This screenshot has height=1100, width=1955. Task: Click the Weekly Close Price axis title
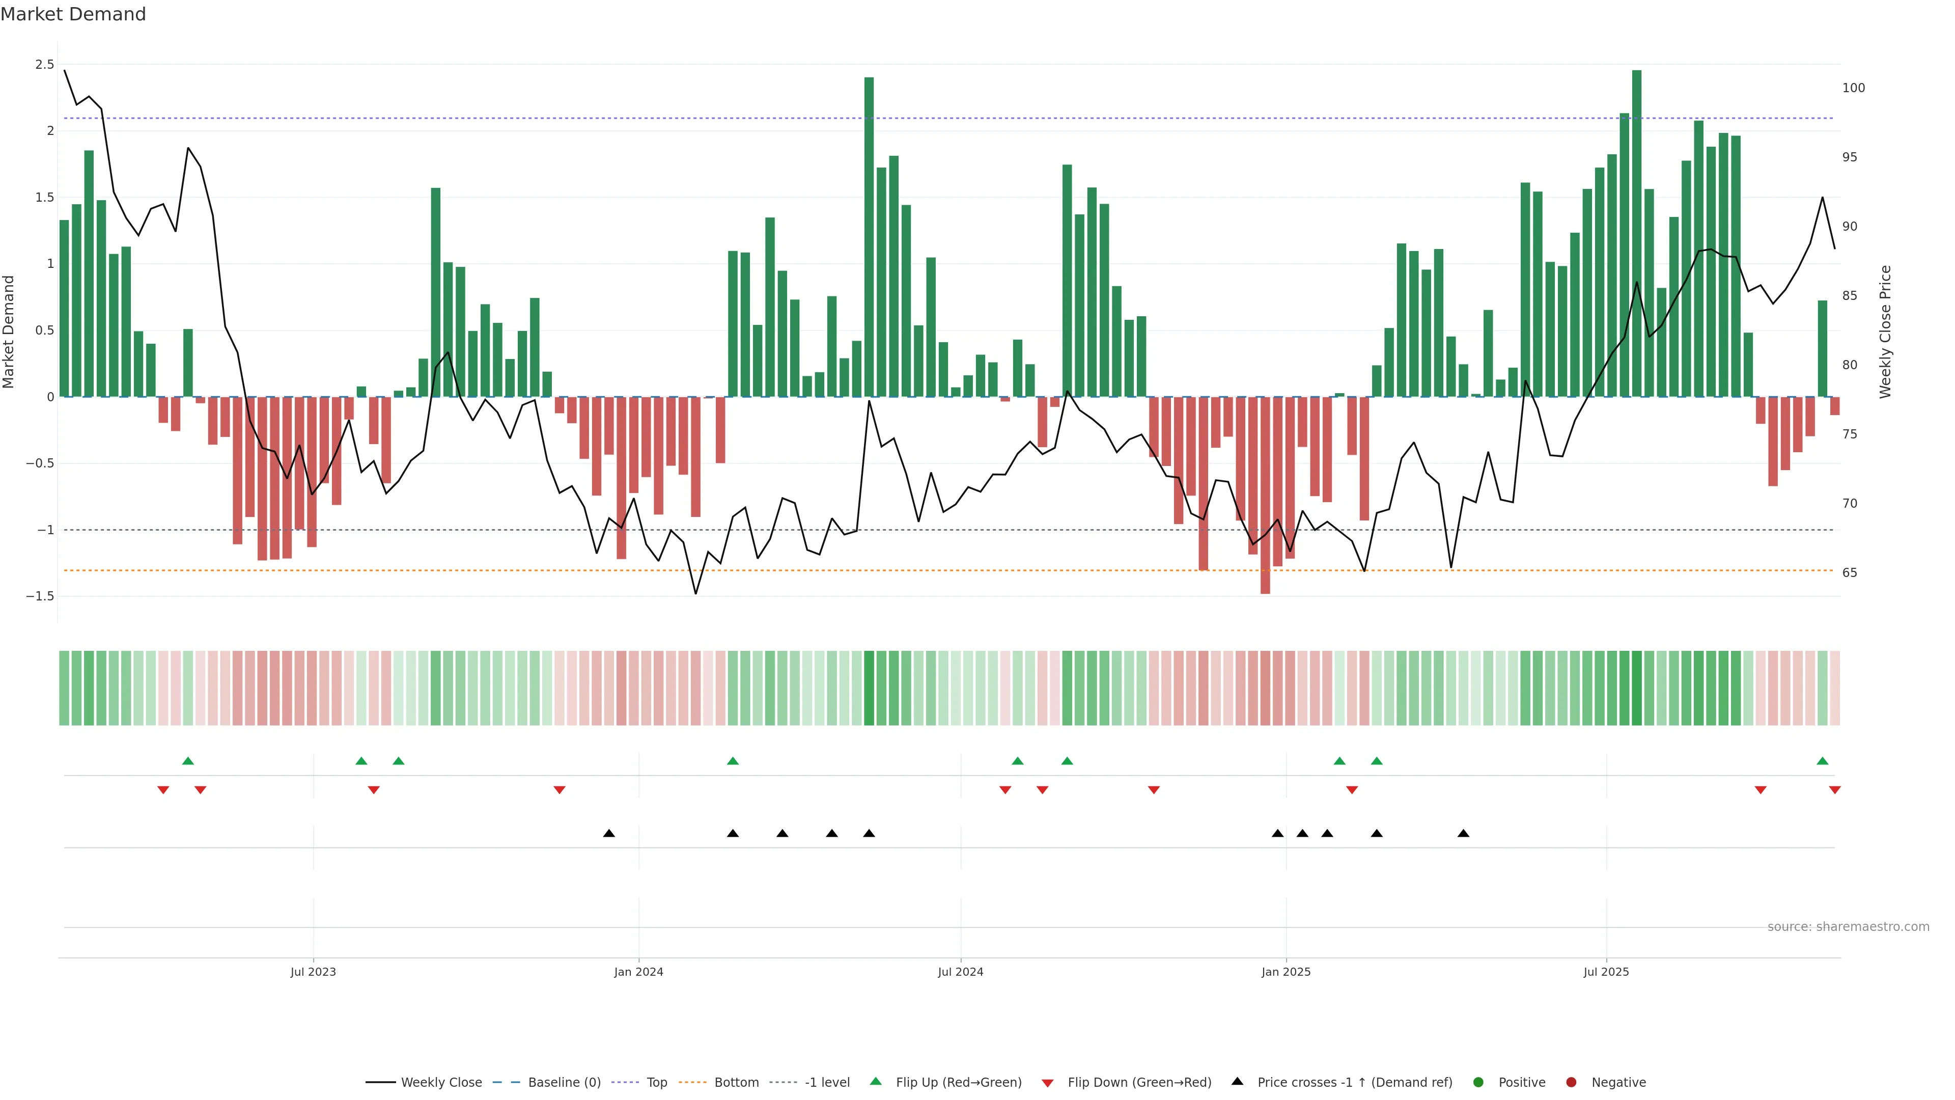coord(1885,332)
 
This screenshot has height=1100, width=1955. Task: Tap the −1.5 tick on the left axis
coord(40,597)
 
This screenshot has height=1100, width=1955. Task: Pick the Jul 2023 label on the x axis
coord(313,972)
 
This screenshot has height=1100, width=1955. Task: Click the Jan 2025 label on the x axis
coord(1286,972)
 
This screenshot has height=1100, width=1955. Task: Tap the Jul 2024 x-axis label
coord(960,972)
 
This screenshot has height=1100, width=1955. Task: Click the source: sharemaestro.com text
coord(1848,927)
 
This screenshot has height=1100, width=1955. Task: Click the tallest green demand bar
coord(1636,228)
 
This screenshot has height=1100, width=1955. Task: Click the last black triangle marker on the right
coord(1463,834)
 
